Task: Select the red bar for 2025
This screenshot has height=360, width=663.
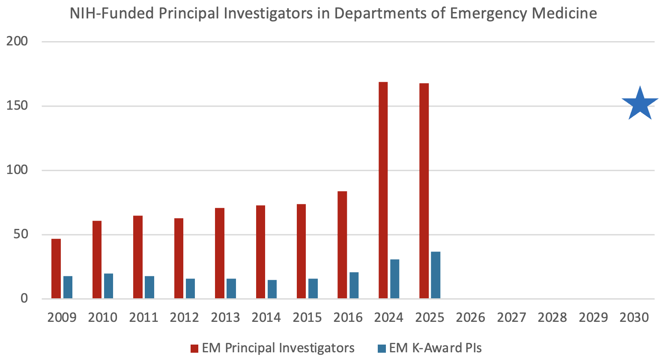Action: [x=424, y=191]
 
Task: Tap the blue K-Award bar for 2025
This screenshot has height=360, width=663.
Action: [x=436, y=275]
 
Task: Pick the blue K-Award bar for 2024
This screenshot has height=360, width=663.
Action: [x=394, y=279]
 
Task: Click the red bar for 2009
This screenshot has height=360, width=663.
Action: [x=56, y=268]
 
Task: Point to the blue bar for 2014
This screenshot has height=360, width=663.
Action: [x=272, y=289]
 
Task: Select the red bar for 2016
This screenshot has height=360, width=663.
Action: [x=342, y=245]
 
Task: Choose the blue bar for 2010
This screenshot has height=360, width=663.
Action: [x=108, y=285]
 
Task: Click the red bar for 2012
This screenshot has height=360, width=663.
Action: [x=179, y=258]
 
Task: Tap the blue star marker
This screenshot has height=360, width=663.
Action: [x=640, y=104]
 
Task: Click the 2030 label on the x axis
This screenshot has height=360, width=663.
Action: [x=634, y=318]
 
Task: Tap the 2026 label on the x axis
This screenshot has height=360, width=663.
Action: [x=470, y=318]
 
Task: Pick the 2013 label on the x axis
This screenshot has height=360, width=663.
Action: [x=225, y=318]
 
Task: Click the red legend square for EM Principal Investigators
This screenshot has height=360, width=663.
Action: [x=194, y=348]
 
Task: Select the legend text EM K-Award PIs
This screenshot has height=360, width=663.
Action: [x=435, y=348]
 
